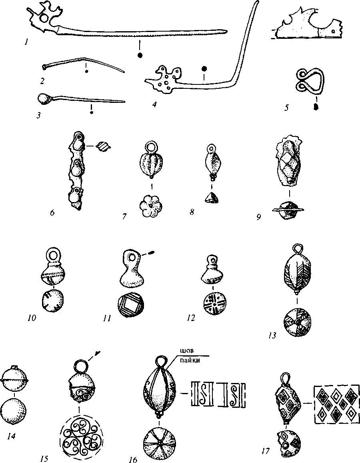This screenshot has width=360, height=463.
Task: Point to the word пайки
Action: [x=187, y=360]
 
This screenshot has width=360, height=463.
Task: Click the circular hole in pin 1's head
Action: [x=44, y=18]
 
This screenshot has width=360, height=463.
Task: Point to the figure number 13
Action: [x=272, y=335]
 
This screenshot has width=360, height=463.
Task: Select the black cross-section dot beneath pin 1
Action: [x=140, y=55]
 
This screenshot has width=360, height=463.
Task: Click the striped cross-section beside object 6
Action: [x=104, y=146]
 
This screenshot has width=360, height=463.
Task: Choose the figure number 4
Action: [x=154, y=104]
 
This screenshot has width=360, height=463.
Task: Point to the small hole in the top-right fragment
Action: [x=334, y=31]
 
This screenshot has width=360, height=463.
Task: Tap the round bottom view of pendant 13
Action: [x=297, y=323]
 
